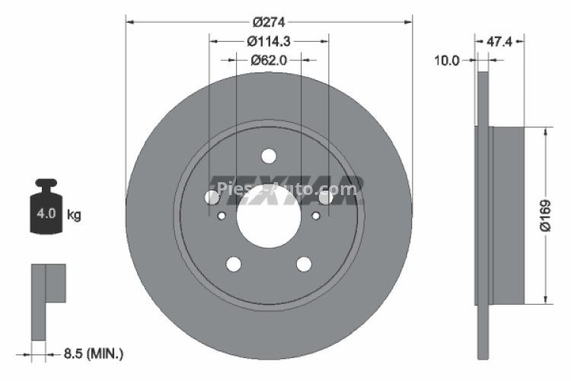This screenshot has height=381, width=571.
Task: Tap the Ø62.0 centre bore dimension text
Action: (x=269, y=59)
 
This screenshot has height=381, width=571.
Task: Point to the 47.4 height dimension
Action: (x=499, y=43)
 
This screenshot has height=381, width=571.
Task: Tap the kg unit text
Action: (x=74, y=215)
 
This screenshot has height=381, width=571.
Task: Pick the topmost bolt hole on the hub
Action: (x=268, y=156)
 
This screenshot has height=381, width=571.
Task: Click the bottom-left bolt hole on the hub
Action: (x=234, y=264)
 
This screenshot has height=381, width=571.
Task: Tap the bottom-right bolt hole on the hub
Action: (x=304, y=264)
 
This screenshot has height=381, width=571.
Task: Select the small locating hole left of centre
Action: (x=222, y=216)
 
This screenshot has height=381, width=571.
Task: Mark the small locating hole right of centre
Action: (x=316, y=216)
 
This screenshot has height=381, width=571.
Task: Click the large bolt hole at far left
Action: (x=212, y=197)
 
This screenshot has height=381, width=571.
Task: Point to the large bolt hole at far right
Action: (x=325, y=197)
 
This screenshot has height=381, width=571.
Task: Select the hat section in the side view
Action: (x=509, y=216)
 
